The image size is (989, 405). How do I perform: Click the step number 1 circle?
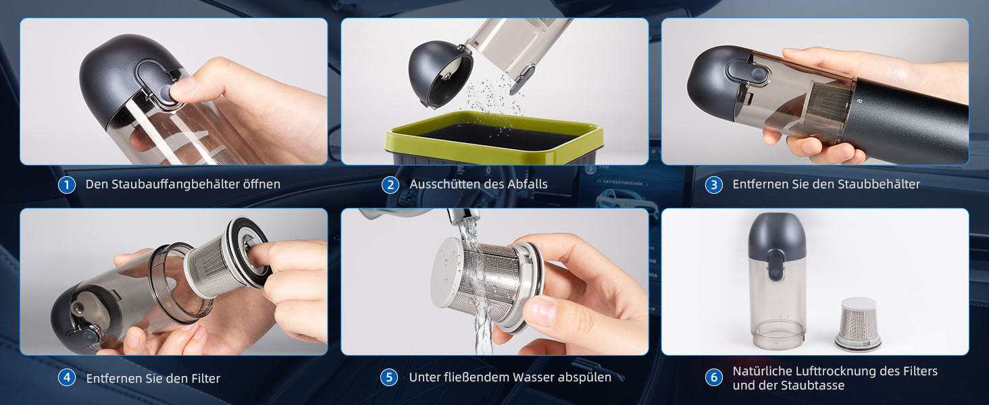(x=67, y=185)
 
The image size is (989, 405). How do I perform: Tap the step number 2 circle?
(x=390, y=185)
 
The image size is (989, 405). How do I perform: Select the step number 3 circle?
(x=714, y=185)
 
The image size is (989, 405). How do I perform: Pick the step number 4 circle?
(x=67, y=377)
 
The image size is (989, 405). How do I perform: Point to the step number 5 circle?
(x=389, y=377)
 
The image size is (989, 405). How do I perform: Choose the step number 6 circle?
(x=714, y=377)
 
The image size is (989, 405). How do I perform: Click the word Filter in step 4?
(x=205, y=379)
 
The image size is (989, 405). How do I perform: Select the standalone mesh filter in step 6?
(x=858, y=324)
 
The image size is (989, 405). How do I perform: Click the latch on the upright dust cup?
(x=776, y=265)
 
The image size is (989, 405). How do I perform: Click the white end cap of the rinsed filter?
(x=446, y=273)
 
